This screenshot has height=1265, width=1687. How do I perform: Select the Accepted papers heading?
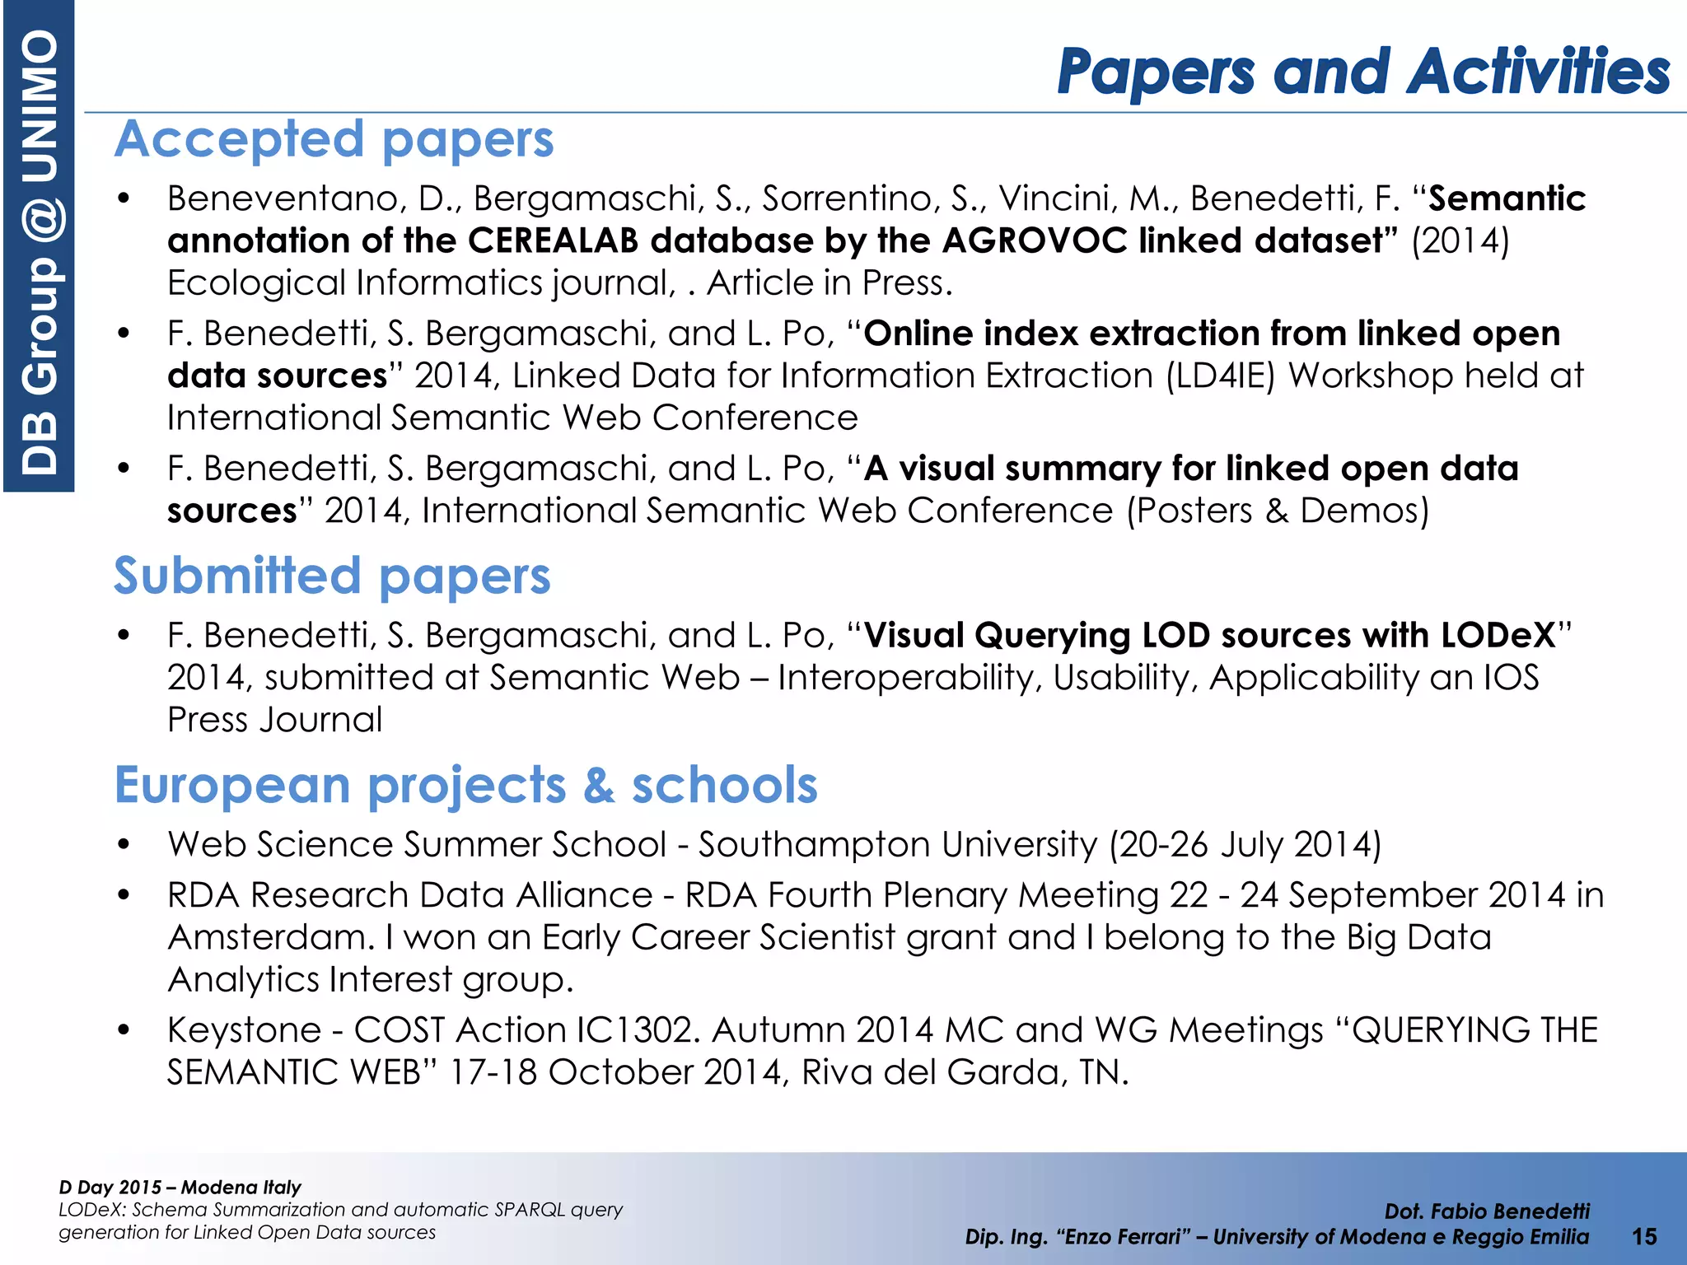point(334,139)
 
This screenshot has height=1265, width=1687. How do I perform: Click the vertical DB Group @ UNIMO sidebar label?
point(39,247)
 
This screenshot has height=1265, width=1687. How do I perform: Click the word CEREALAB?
point(553,240)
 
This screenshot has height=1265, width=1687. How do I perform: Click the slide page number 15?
point(1644,1236)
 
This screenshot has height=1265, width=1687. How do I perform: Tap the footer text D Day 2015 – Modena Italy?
point(180,1187)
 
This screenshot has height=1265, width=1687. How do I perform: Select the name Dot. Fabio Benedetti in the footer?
point(1487,1211)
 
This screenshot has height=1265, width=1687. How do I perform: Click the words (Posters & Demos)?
point(1277,511)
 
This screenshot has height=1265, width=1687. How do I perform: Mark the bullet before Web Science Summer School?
point(124,844)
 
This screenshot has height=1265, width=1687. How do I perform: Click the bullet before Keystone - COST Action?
point(124,1030)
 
